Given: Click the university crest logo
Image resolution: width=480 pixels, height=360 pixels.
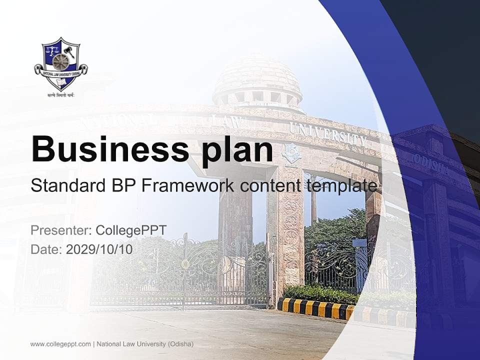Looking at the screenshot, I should [x=60, y=63].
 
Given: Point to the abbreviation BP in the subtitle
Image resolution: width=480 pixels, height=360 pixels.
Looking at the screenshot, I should [x=119, y=186].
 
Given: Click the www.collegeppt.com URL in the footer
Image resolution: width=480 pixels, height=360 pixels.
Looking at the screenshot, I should [x=60, y=344].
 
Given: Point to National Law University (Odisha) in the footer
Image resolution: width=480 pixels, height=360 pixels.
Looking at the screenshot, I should [x=145, y=344].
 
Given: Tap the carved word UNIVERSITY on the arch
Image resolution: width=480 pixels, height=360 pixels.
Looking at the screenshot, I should [x=327, y=132].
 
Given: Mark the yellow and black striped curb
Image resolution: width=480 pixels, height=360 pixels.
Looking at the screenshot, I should [x=320, y=309].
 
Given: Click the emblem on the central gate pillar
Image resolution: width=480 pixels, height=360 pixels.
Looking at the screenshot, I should [x=290, y=152].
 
